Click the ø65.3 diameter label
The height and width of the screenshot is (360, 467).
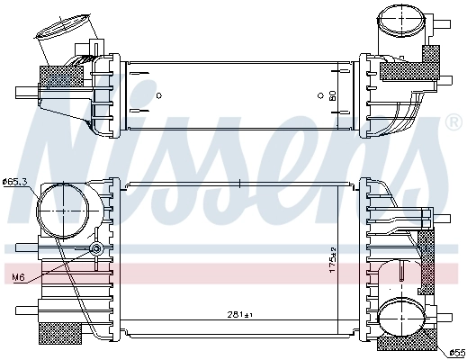[x=15, y=182]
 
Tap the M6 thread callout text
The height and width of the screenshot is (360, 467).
[x=17, y=276]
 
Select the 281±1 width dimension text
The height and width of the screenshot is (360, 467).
[x=240, y=315]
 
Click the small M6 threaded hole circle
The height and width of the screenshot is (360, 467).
[x=95, y=248]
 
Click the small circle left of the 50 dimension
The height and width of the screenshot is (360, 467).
[x=319, y=94]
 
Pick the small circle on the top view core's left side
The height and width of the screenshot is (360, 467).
[x=157, y=94]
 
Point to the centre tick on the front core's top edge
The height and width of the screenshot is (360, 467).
[x=240, y=185]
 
